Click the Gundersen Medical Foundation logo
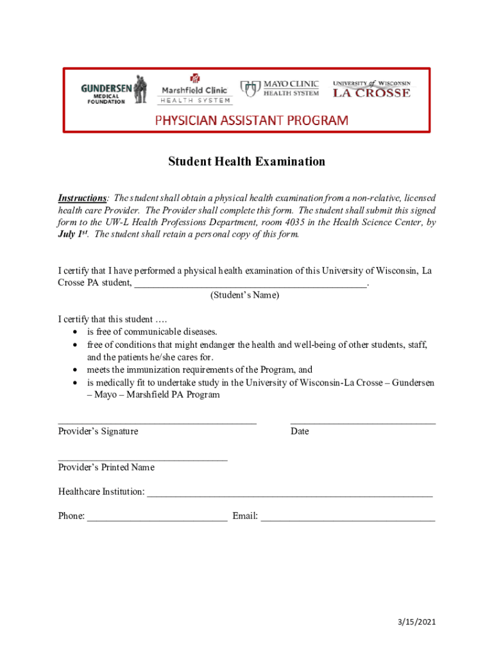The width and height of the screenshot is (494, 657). point(114,90)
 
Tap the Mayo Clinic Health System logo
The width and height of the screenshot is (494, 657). point(279,89)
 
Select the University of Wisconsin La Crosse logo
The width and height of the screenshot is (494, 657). point(371,89)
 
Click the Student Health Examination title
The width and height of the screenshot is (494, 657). point(246,162)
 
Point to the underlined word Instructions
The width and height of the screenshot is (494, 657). point(82,198)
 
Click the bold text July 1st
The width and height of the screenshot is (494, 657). point(72,235)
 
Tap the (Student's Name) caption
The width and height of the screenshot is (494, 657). point(244,296)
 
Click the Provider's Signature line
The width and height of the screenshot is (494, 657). point(157,422)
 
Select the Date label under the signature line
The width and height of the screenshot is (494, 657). point(300,431)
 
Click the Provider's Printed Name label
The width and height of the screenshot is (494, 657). point(106,468)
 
